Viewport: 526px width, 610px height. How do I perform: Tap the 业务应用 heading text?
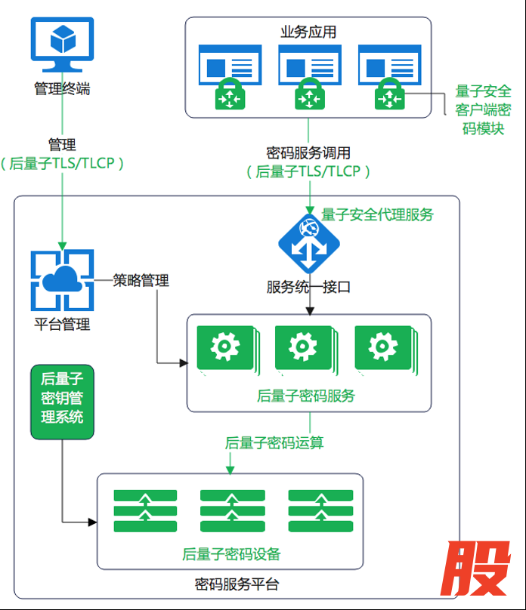click(x=308, y=32)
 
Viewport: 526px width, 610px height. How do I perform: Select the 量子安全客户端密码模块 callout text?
click(x=484, y=110)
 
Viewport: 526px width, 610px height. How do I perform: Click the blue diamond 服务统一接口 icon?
click(x=308, y=244)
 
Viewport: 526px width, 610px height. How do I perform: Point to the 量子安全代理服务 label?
click(x=378, y=215)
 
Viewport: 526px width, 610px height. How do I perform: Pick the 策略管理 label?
click(x=141, y=281)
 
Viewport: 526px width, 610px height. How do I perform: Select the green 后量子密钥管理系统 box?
click(x=62, y=402)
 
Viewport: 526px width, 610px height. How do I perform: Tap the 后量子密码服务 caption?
click(x=305, y=396)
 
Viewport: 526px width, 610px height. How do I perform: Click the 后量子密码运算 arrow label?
click(x=274, y=443)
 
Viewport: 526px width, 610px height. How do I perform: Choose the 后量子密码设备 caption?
click(x=231, y=555)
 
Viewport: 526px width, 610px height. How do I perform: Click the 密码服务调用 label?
click(x=308, y=152)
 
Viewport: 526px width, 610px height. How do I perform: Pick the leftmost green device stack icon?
click(x=145, y=510)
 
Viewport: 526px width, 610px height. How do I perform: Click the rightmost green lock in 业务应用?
click(x=388, y=97)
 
